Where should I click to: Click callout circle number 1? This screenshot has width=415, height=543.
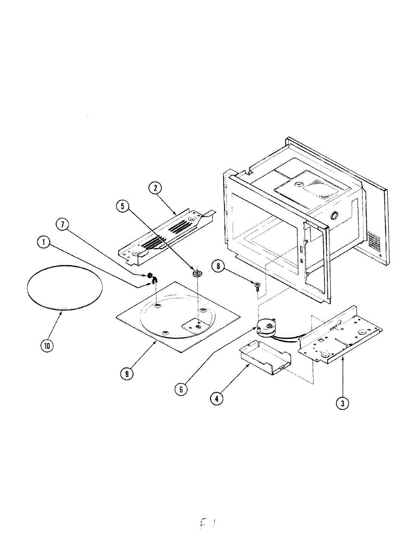[x=43, y=243]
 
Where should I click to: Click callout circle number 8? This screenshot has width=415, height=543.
[x=218, y=267]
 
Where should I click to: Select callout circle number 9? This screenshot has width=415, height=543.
[x=127, y=374]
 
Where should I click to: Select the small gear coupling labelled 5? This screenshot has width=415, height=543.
[x=196, y=274]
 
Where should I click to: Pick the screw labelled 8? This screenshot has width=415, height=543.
[x=257, y=285]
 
